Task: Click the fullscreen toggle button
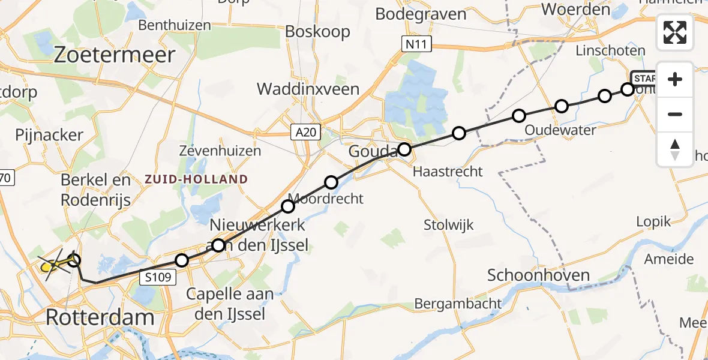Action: click(675, 32)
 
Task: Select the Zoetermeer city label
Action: click(115, 55)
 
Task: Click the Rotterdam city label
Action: click(100, 317)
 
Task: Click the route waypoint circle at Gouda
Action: click(404, 149)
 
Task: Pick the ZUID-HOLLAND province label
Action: click(195, 179)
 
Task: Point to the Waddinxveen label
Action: click(308, 89)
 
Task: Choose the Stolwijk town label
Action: click(448, 226)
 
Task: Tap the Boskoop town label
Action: click(317, 31)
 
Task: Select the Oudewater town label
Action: click(560, 130)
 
